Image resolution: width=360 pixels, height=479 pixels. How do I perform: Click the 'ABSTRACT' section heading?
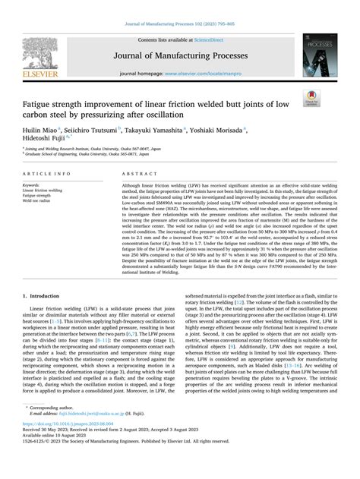pos(137,173)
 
